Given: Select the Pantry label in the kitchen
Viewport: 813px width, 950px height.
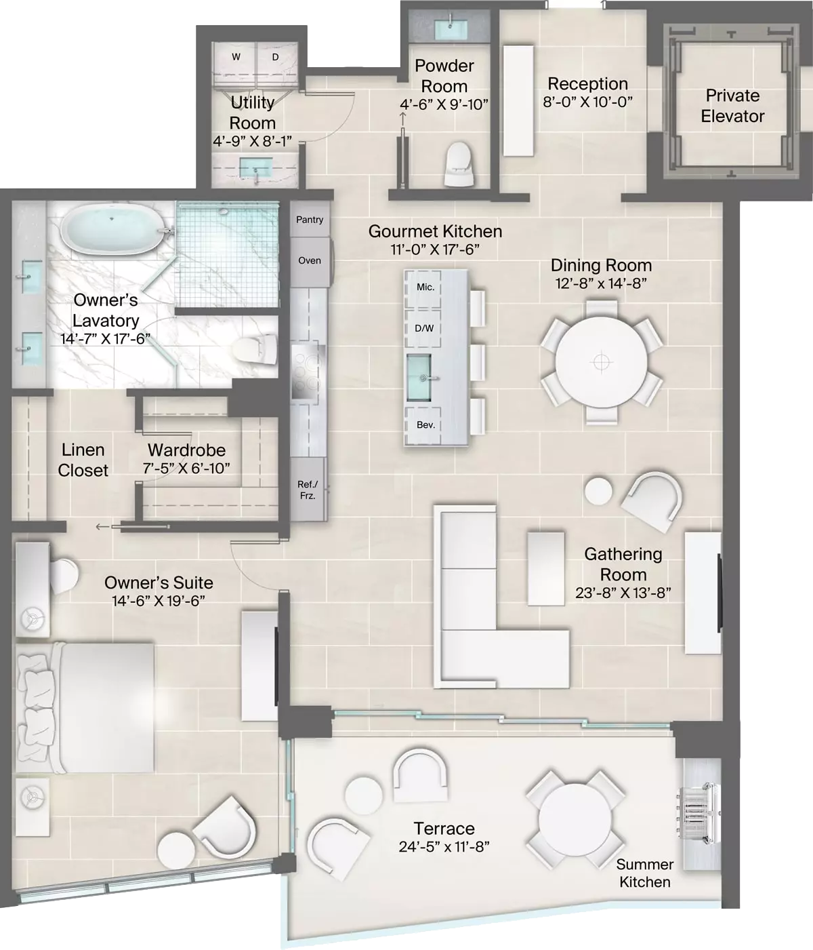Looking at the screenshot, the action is click(x=310, y=220).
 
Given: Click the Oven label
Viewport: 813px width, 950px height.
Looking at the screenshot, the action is click(x=310, y=260).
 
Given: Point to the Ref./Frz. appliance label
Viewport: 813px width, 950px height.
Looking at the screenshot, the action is click(x=308, y=490).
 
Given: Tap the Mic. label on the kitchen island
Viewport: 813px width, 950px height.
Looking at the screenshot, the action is click(x=425, y=288).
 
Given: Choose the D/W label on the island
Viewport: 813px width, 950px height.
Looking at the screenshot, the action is click(x=424, y=328).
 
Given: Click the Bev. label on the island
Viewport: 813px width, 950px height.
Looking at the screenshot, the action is click(x=425, y=424).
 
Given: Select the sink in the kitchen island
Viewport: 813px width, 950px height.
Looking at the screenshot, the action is click(x=419, y=378).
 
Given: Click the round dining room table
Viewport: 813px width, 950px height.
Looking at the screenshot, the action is click(x=601, y=362).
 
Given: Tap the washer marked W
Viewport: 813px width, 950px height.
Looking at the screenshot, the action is click(x=236, y=58).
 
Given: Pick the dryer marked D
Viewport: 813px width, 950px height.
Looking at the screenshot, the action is click(x=276, y=58).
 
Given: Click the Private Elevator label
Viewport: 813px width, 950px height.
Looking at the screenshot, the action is click(x=732, y=106).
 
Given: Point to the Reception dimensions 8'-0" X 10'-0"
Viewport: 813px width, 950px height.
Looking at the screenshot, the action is click(x=588, y=102).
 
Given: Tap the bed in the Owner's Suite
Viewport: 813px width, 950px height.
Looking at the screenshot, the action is click(x=85, y=707).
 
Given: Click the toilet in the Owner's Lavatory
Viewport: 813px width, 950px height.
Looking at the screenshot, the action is click(x=255, y=349).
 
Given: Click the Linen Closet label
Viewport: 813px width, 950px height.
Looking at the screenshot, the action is click(x=83, y=460).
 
